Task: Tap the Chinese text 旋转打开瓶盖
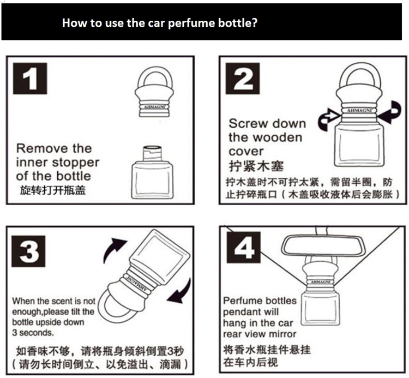click(x=52, y=191)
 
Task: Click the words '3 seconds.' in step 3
click(x=33, y=332)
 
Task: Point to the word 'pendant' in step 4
click(x=241, y=312)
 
